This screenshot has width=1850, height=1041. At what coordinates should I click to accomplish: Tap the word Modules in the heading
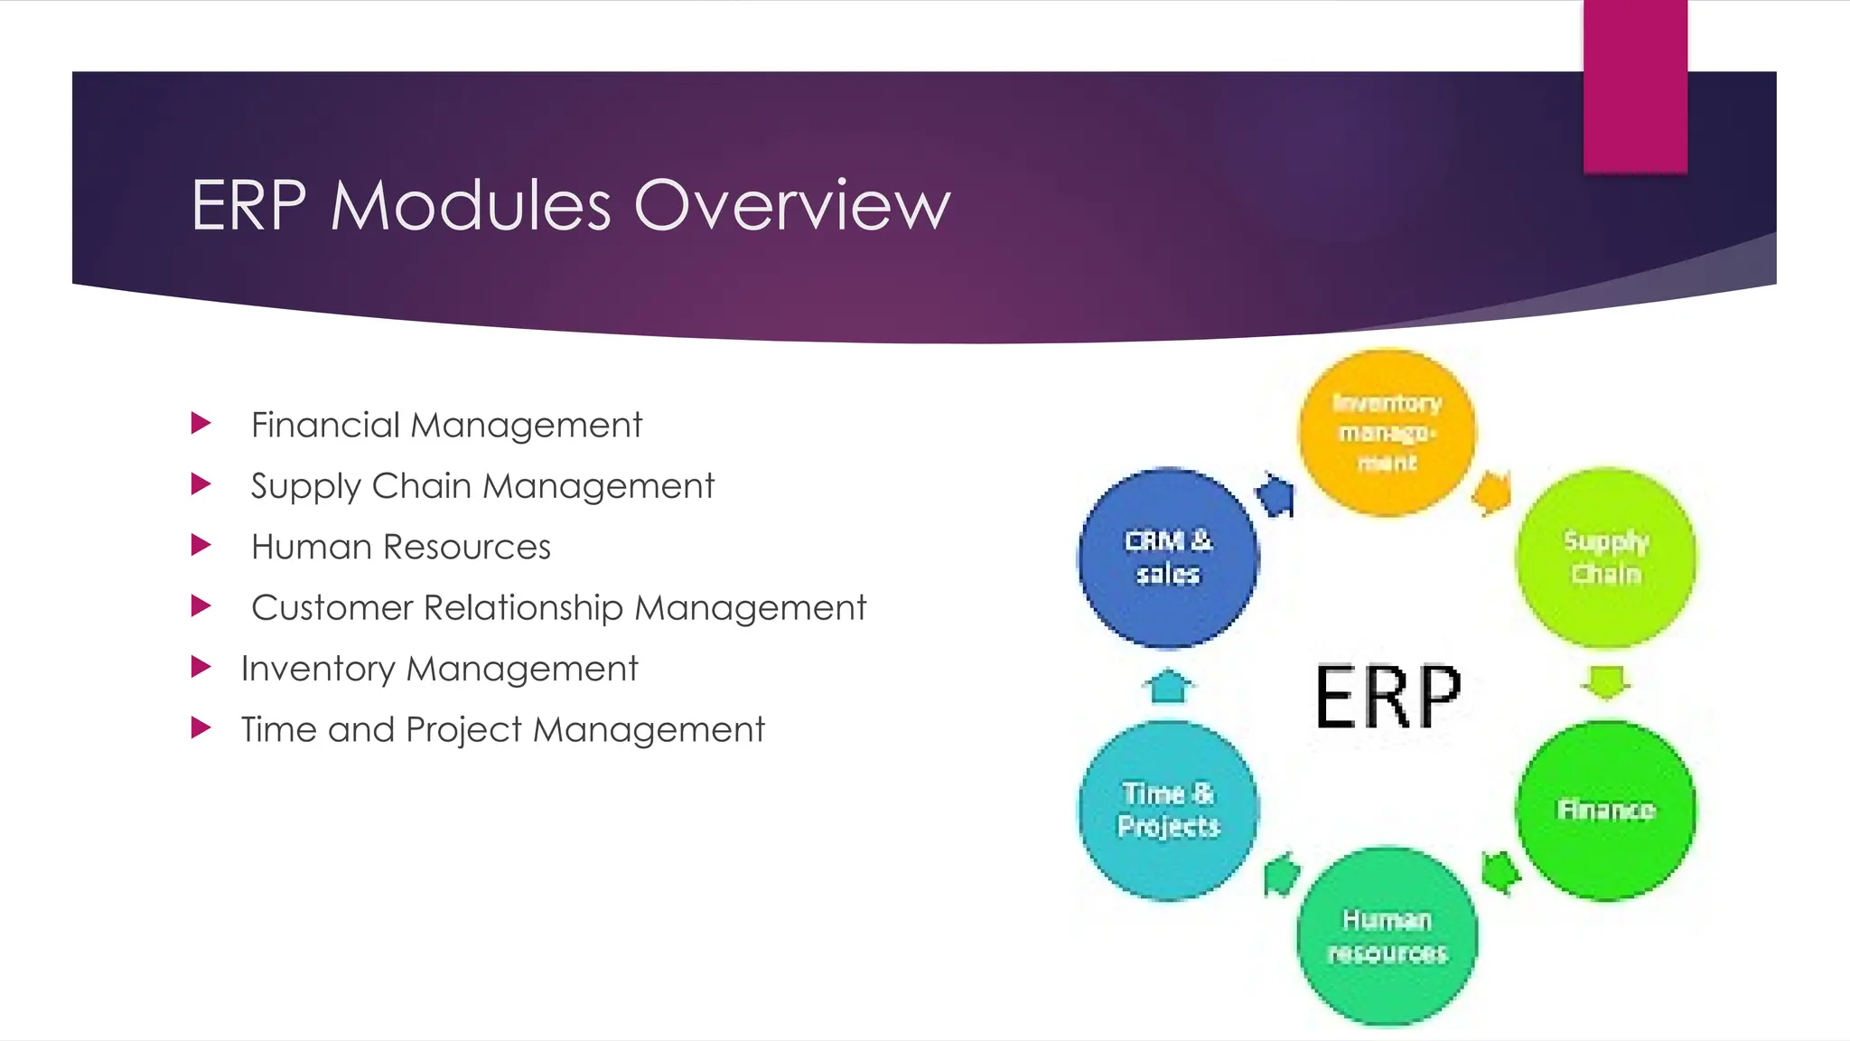pyautogui.click(x=471, y=205)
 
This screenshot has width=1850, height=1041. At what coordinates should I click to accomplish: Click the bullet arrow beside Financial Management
pyautogui.click(x=201, y=423)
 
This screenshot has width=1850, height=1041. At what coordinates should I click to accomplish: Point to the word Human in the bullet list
pyautogui.click(x=312, y=547)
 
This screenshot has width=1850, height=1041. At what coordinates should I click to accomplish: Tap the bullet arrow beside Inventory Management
pyautogui.click(x=201, y=667)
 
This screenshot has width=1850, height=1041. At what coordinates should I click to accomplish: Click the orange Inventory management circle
pyautogui.click(x=1387, y=433)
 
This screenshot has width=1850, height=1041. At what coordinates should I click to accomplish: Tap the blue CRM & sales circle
pyautogui.click(x=1168, y=558)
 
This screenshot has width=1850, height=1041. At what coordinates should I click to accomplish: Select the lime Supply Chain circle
pyautogui.click(x=1605, y=558)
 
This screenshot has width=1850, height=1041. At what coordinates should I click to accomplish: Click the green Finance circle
pyautogui.click(x=1605, y=810)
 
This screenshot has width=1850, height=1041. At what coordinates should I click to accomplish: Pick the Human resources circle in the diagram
pyautogui.click(x=1387, y=936)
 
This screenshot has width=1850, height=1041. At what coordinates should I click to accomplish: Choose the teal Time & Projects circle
pyautogui.click(x=1168, y=810)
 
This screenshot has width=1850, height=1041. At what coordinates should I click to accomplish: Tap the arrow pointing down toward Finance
pyautogui.click(x=1605, y=682)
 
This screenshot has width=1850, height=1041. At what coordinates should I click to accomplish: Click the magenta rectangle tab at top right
pyautogui.click(x=1635, y=86)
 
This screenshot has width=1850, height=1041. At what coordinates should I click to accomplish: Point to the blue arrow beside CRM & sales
pyautogui.click(x=1276, y=495)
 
